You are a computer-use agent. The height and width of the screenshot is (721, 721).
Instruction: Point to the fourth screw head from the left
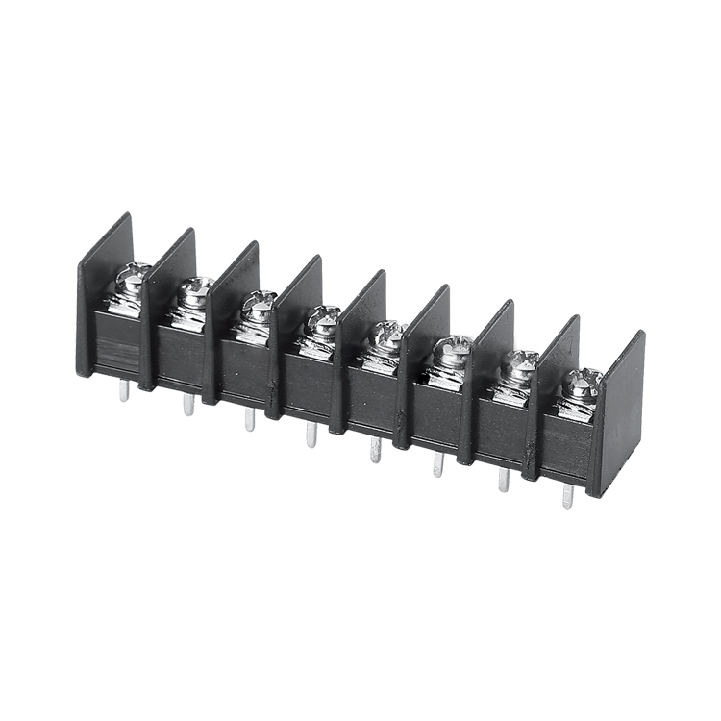click(323, 318)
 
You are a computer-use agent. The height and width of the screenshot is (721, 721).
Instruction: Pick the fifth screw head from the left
click(387, 335)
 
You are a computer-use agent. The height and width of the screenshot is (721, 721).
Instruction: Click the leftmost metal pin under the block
click(122, 390)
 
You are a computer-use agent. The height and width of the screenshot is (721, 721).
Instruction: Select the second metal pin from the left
click(188, 405)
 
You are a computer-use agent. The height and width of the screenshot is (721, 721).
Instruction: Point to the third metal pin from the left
click(250, 419)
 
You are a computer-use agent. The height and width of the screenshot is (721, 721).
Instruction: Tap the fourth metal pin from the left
click(311, 435)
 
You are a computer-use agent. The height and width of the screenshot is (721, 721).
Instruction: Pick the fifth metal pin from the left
click(376, 450)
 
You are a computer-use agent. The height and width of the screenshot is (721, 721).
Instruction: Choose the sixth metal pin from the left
click(438, 465)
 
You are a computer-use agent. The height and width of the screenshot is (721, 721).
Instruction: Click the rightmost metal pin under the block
click(568, 496)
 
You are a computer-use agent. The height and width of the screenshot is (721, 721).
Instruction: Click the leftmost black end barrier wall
click(101, 288)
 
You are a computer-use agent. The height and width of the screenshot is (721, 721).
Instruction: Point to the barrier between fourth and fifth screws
click(356, 346)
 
